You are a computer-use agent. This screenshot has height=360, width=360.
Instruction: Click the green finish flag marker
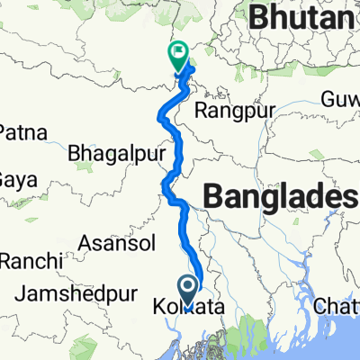click(x=177, y=58)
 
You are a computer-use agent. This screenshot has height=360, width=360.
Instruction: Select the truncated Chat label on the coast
click(x=338, y=308)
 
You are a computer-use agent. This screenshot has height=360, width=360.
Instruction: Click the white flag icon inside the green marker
click(x=177, y=53)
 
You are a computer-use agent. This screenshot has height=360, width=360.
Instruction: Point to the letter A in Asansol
click(x=87, y=242)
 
